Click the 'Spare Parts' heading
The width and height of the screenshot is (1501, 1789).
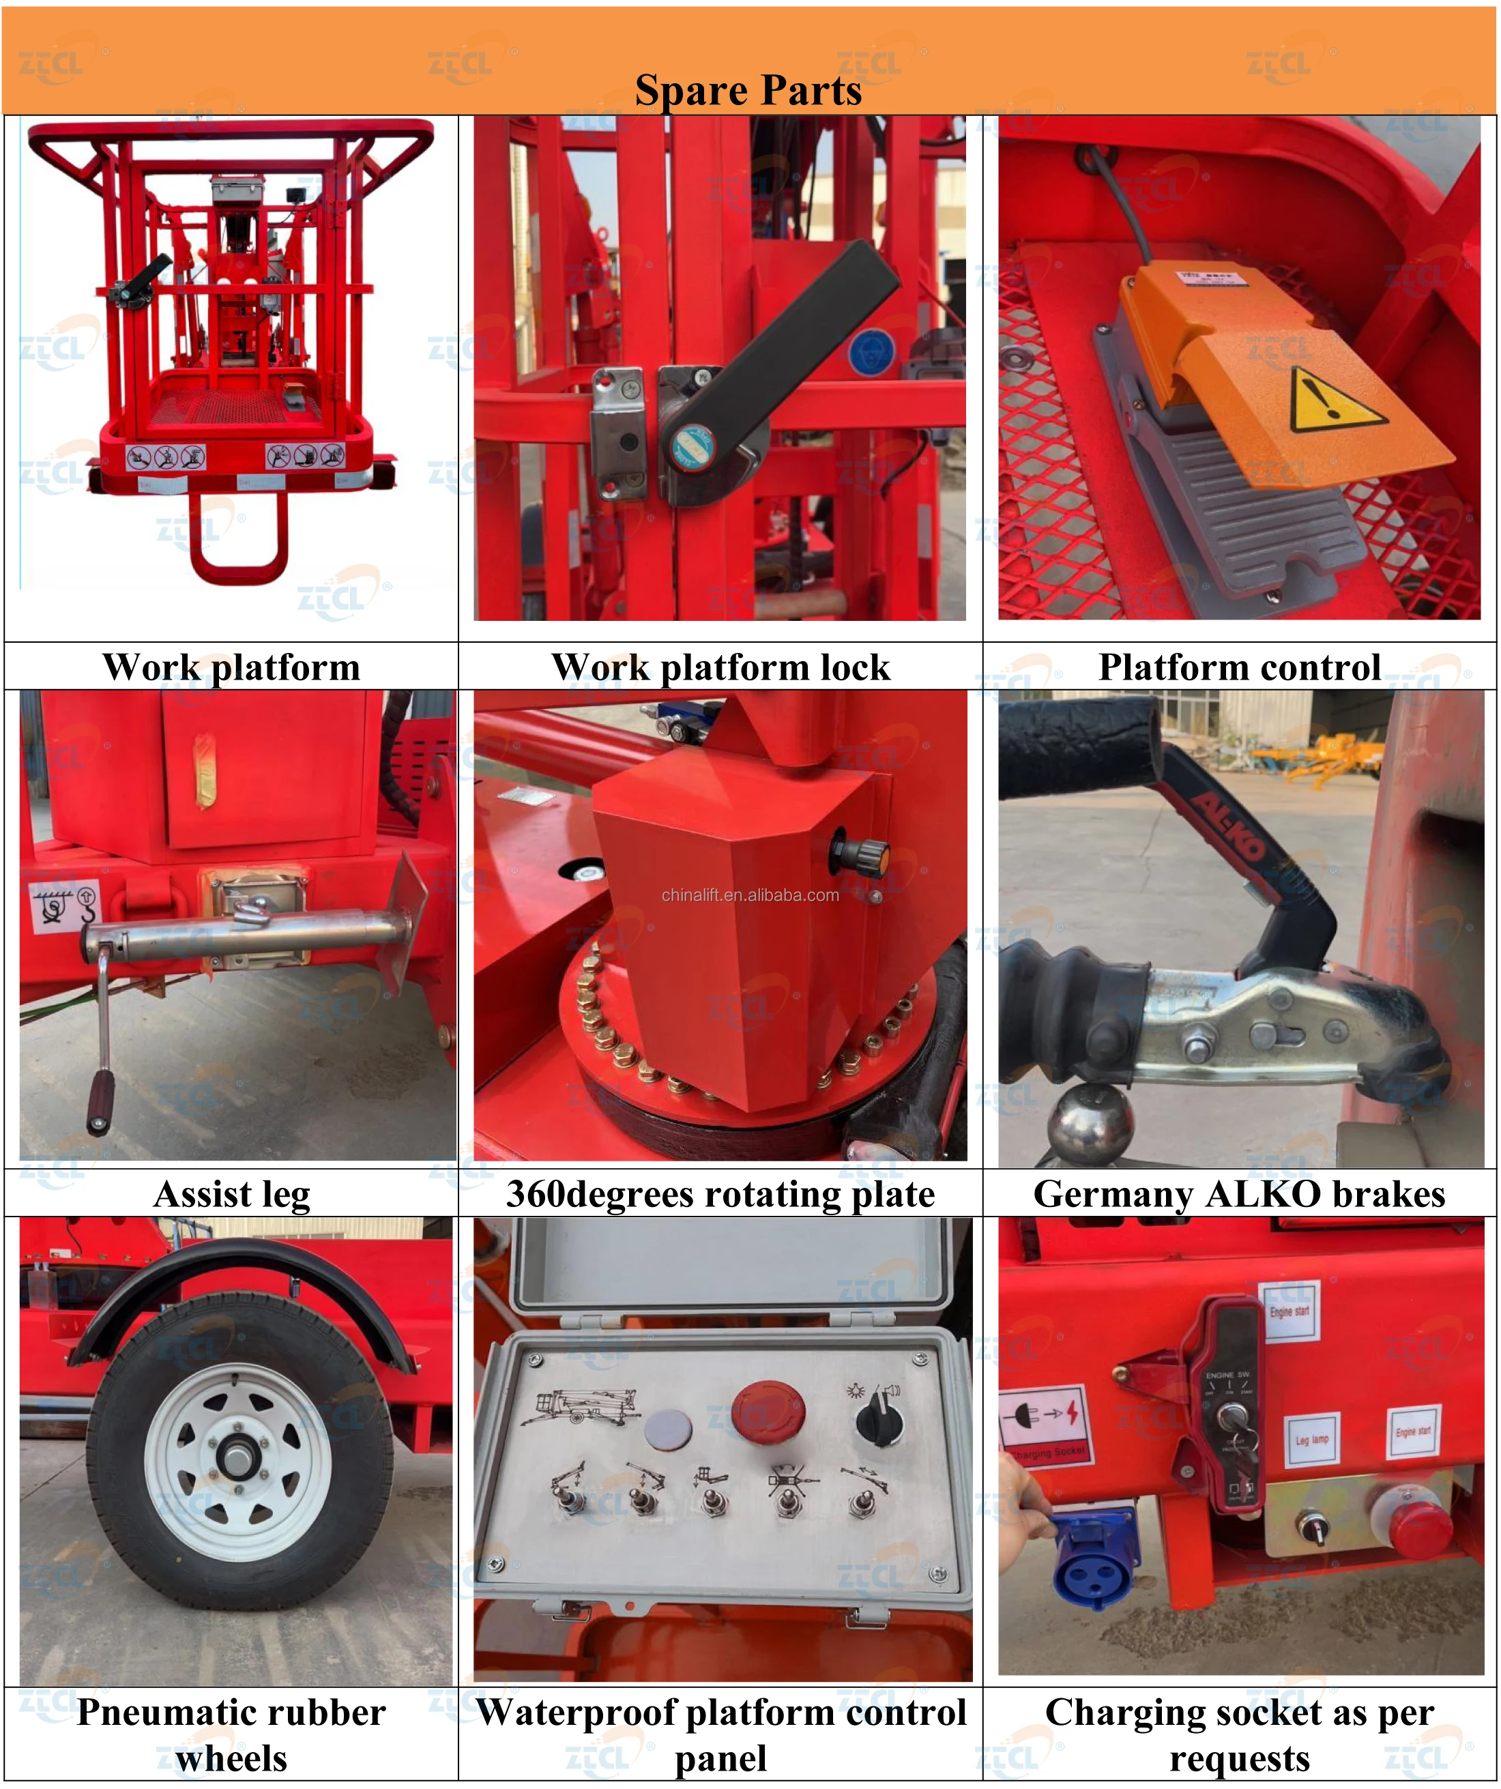click(748, 90)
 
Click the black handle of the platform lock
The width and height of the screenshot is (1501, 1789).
click(792, 340)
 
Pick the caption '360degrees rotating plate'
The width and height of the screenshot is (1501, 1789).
click(720, 1194)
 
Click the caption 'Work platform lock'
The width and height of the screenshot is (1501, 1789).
click(720, 667)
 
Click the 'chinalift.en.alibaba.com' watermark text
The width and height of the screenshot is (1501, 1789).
click(750, 895)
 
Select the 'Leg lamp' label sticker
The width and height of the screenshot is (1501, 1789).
click(1311, 1440)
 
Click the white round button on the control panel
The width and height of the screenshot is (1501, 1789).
click(668, 1429)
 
